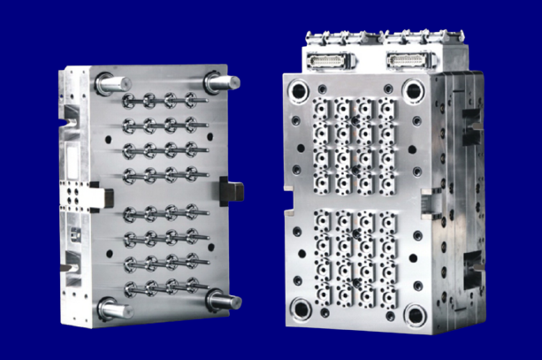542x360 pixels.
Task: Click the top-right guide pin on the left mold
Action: (x=222, y=81)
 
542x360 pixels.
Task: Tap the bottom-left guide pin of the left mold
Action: (x=114, y=310)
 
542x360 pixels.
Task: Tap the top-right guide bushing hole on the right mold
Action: (x=414, y=89)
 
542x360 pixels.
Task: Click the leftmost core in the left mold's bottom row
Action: (x=132, y=289)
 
